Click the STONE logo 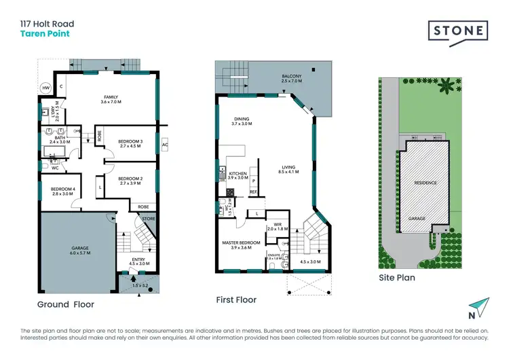tap(458, 31)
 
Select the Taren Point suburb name tap(44, 33)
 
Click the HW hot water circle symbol tap(45, 88)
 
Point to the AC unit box tap(166, 144)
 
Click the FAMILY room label tap(111, 98)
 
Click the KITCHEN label tap(239, 174)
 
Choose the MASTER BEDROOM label tap(242, 242)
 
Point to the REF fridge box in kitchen tap(252, 192)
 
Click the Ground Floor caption tap(66, 304)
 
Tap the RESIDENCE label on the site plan tap(426, 183)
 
